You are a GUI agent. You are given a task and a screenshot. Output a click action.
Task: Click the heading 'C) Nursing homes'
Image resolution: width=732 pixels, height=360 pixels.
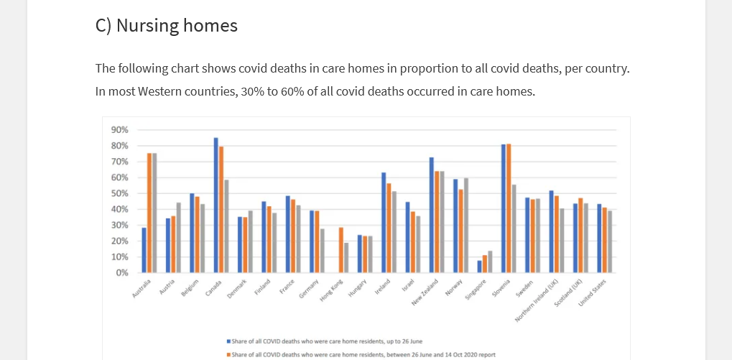pos(166,26)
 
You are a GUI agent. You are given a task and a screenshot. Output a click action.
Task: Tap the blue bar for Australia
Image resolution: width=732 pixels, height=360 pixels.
pos(144,250)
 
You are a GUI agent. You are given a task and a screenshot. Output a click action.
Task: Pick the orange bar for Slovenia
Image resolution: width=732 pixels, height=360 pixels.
pos(509,208)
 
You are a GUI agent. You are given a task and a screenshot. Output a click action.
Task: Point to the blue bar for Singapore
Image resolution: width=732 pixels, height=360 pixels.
pos(480,267)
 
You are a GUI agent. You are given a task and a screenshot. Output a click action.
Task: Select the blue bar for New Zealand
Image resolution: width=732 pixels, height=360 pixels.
pos(432,215)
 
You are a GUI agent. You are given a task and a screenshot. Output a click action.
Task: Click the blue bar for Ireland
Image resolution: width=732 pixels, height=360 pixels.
pos(384,223)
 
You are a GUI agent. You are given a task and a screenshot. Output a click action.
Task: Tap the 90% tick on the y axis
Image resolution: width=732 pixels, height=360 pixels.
pos(120,130)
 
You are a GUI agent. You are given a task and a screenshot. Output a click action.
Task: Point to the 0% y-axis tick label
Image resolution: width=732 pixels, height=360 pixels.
pos(122,273)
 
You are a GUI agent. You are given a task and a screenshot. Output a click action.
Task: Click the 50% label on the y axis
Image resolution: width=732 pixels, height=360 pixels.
pos(120,193)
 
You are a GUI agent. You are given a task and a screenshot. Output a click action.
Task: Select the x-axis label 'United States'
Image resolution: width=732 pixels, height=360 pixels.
pos(593,293)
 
